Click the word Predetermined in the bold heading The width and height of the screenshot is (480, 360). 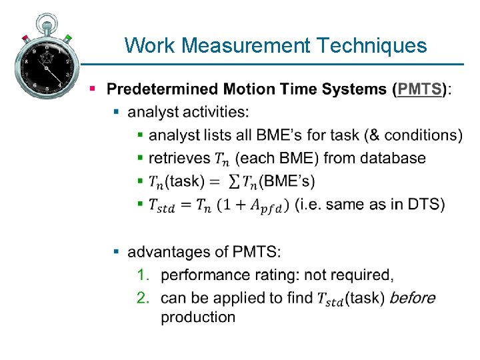tap(163, 89)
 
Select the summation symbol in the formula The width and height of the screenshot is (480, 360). tap(234, 181)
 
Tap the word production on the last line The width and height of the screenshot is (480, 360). tap(198, 317)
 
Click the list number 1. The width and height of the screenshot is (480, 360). tap(142, 275)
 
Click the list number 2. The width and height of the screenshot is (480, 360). tap(142, 297)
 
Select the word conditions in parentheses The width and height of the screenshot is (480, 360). tap(419, 135)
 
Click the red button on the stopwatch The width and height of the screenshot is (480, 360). tap(25, 38)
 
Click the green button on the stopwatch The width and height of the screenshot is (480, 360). tap(69, 39)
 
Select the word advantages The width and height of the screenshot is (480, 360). tap(171, 252)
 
